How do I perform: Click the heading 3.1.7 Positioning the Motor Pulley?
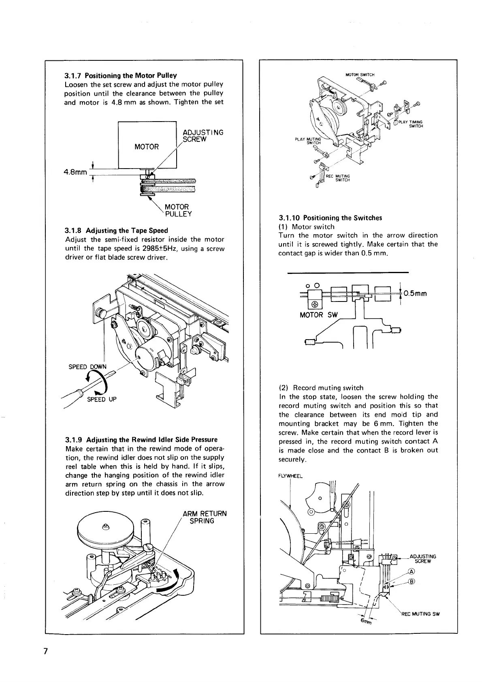pos(121,75)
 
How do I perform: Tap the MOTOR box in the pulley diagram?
pos(147,147)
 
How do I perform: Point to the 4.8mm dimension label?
pos(75,172)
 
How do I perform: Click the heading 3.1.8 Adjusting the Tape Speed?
pos(117,231)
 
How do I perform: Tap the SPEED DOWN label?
pos(87,367)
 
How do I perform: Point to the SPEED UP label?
pos(102,399)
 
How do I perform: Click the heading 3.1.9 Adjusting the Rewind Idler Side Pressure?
pos(141,439)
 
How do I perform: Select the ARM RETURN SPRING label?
pos(205,517)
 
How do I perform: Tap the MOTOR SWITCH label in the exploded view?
pos(360,75)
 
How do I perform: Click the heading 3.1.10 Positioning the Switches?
pos(331,218)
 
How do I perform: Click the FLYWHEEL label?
pos(290,476)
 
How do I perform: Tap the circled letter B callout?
pos(412,582)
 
